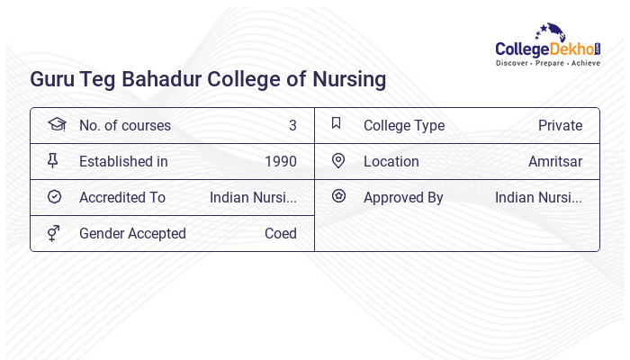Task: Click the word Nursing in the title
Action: [346, 79]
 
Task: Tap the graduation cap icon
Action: [56, 124]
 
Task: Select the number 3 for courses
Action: [292, 126]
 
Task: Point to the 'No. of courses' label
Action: [124, 126]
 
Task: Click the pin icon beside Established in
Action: [53, 161]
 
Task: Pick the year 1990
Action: [281, 162]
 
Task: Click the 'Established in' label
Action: [123, 162]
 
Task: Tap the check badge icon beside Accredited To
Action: [54, 197]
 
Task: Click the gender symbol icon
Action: [54, 233]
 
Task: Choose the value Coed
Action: [281, 234]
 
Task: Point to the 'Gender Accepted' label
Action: [132, 234]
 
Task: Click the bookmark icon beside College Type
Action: [337, 124]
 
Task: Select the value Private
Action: [560, 126]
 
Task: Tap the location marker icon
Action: [338, 161]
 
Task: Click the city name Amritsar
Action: [555, 162]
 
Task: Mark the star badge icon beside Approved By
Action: [338, 196]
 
